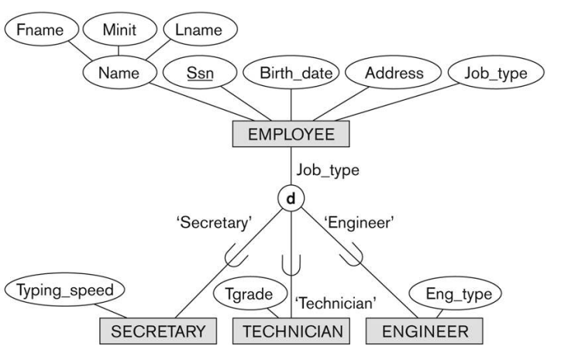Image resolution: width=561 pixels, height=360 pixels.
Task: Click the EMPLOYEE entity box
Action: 291,134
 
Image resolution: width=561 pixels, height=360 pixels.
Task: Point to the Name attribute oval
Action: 119,75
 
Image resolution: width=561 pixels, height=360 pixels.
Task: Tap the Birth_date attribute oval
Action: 291,75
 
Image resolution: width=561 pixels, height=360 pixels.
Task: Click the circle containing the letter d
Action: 291,199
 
